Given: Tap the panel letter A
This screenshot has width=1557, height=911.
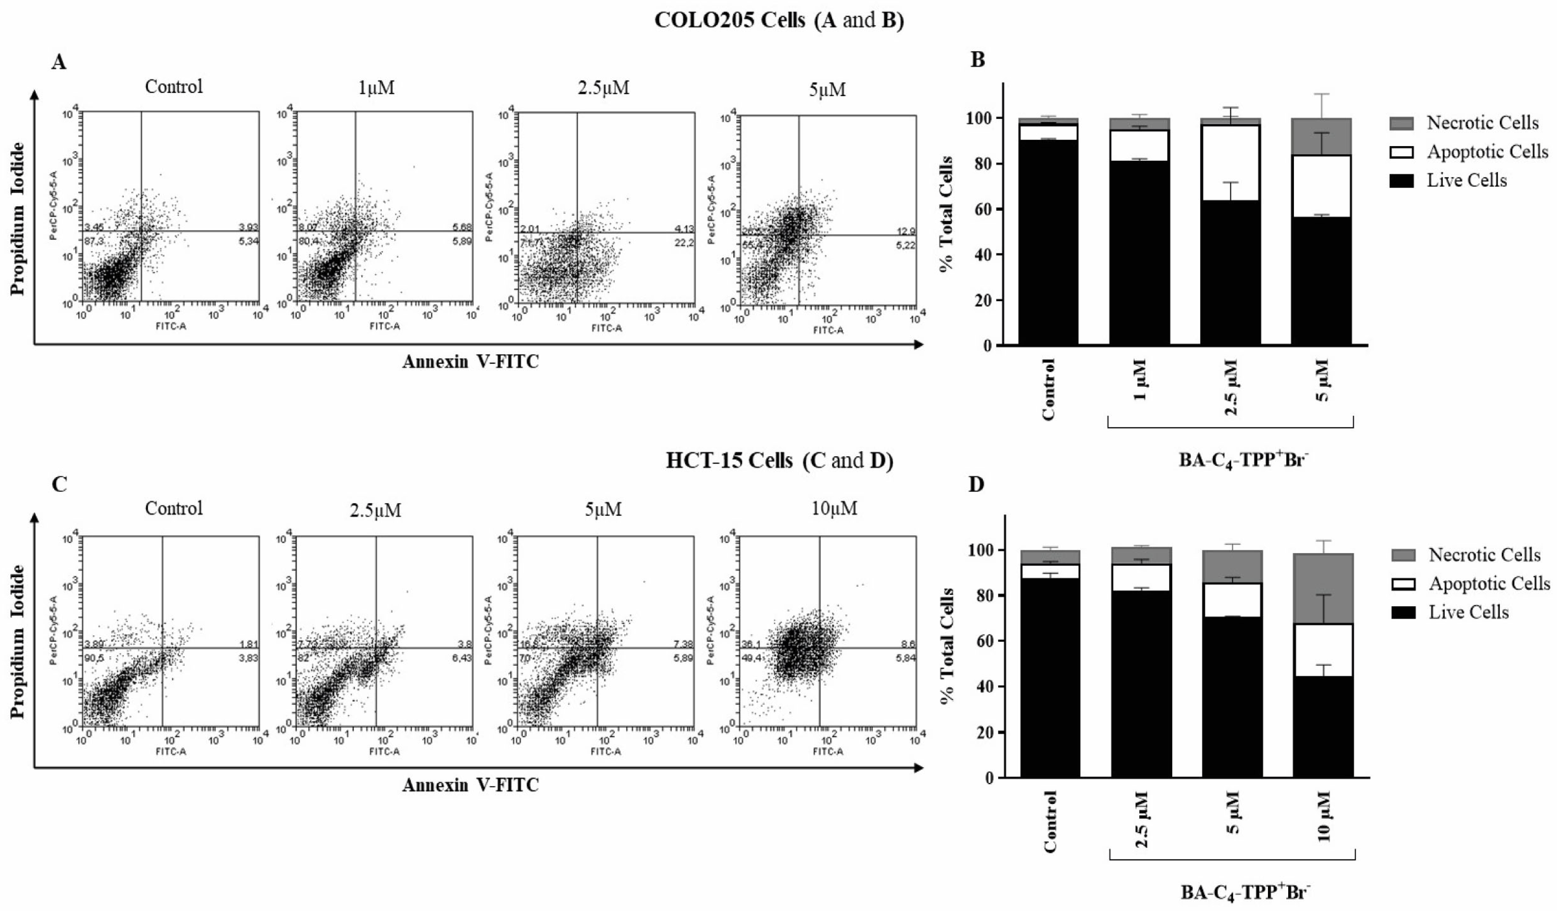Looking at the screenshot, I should (59, 62).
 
